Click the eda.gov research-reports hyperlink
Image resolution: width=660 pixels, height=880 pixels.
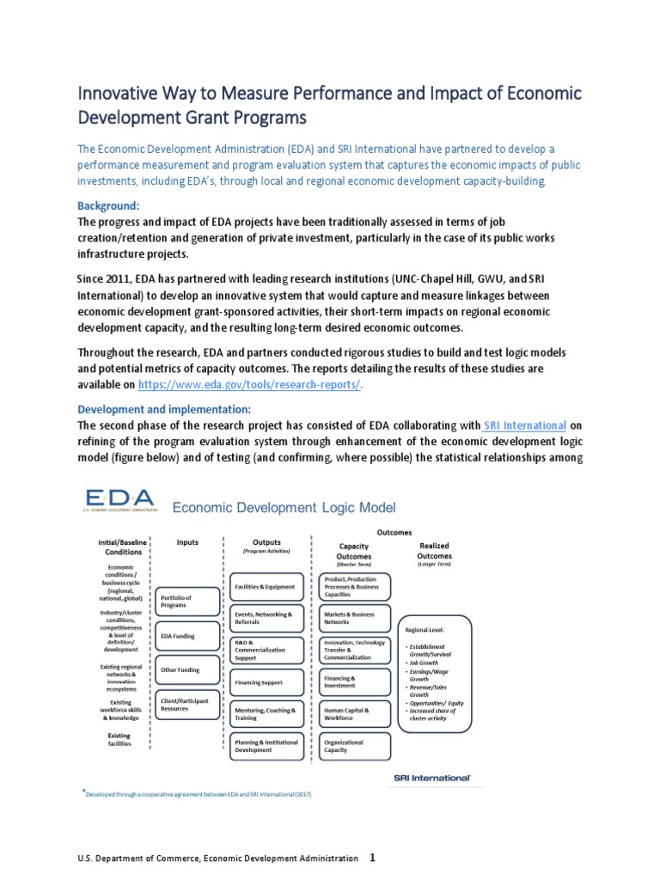coord(249,385)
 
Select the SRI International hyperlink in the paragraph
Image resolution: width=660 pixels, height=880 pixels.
coord(524,425)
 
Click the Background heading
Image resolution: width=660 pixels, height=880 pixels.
coord(107,206)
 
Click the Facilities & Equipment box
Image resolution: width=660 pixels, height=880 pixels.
coord(266,586)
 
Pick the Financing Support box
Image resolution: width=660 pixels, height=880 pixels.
coord(266,681)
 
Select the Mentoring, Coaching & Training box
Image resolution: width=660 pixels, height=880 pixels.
coord(266,715)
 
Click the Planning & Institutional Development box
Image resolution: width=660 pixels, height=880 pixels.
coord(266,746)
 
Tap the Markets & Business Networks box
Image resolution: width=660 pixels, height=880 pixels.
coord(353,619)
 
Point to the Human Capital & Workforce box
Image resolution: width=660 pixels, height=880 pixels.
coord(353,714)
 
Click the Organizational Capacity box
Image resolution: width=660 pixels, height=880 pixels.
coord(353,746)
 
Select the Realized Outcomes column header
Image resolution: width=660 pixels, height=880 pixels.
coord(434,551)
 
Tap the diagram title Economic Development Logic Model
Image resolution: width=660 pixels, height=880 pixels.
coord(272,508)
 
